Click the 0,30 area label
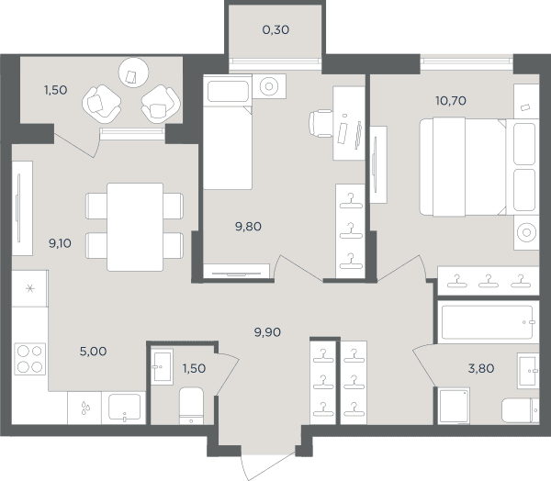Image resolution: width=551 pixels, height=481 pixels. [275, 30]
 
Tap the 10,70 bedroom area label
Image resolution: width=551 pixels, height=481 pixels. [451, 101]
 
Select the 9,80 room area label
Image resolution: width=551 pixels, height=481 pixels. [249, 227]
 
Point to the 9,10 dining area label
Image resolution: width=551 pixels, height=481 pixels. [60, 242]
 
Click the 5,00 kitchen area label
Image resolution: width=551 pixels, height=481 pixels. [93, 351]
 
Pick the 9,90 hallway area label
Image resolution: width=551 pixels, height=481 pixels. [267, 332]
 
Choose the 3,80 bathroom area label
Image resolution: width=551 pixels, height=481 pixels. [481, 368]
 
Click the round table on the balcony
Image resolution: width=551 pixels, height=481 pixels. [133, 73]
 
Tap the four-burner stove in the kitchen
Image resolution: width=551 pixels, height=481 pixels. [30, 359]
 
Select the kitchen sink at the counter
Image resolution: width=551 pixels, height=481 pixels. [124, 408]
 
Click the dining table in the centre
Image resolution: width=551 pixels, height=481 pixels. [135, 227]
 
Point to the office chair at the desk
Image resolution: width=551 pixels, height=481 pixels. [320, 123]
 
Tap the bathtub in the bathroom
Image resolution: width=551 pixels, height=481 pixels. [489, 322]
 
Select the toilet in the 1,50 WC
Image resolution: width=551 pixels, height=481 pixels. [191, 406]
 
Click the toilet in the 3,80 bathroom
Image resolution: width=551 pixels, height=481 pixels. [521, 410]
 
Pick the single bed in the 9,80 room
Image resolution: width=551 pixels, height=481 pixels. [228, 132]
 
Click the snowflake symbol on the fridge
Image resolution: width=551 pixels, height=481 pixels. [30, 289]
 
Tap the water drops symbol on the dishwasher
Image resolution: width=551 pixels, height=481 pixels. [85, 408]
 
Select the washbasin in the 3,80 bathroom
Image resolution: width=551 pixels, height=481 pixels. [528, 371]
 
